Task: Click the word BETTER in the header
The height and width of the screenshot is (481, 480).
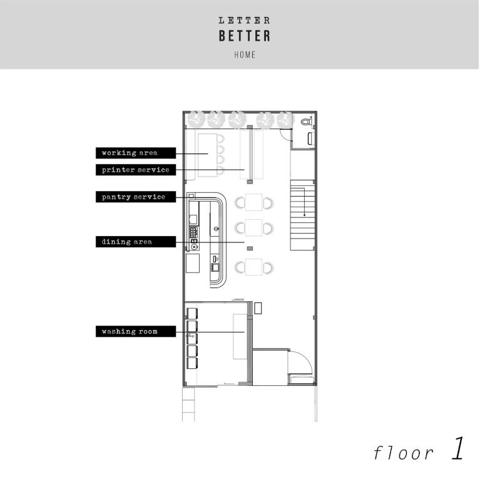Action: coord(245,36)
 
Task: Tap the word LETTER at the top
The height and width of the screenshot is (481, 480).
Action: coord(245,20)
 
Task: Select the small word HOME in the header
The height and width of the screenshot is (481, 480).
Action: coord(245,54)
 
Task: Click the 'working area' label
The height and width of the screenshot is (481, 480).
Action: coord(130,153)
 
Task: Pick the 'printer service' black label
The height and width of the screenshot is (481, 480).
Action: coord(136,170)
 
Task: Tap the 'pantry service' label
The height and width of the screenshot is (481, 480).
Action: coord(134,197)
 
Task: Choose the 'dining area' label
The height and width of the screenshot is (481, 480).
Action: coord(127,242)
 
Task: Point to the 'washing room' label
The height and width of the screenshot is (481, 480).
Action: coord(130,331)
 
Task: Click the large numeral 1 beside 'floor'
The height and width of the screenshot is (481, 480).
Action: coord(457,449)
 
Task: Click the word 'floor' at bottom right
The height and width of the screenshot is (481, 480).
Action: coord(403,452)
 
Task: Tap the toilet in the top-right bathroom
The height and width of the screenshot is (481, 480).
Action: coord(306,122)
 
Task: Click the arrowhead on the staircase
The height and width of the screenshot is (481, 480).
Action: coord(305,214)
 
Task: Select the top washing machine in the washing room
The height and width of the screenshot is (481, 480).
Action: coord(192,313)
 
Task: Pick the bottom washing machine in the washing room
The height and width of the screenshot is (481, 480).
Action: coord(192,361)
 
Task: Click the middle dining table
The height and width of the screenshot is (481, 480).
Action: coord(254,227)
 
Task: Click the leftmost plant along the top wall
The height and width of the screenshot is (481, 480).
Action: coord(197,118)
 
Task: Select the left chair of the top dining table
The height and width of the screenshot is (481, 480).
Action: coord(240,202)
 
